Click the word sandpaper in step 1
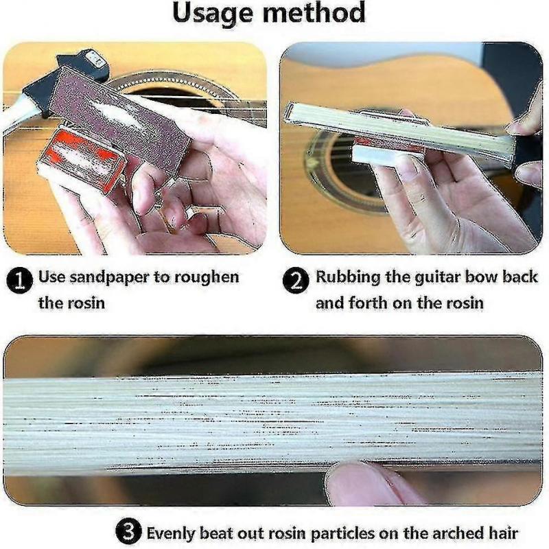pos(102,277)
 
